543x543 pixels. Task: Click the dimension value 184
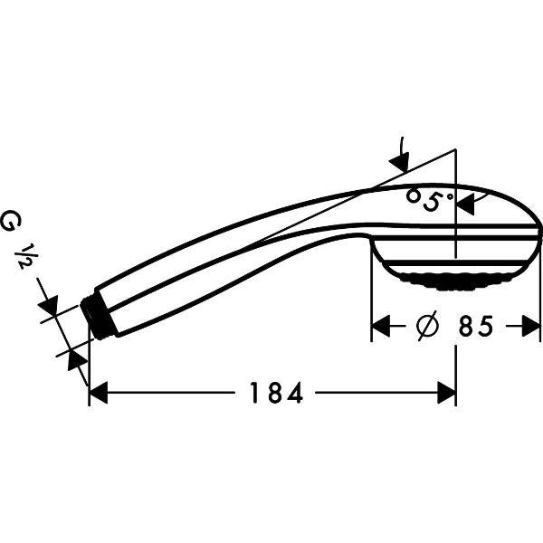point(272,394)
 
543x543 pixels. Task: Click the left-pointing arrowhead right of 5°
point(465,205)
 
